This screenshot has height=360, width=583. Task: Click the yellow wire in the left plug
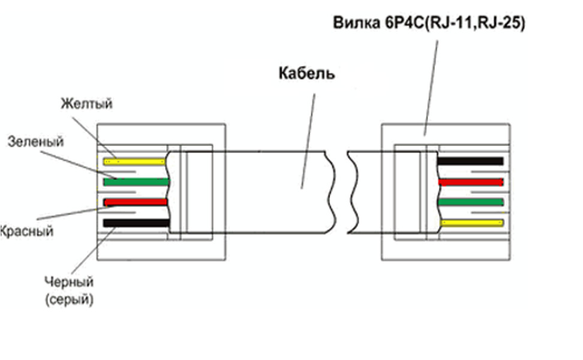point(134,161)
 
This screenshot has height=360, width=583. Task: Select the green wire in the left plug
point(136,181)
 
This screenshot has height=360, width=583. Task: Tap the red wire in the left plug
point(135,202)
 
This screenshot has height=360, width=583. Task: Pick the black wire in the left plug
point(135,223)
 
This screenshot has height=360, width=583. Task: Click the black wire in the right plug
point(470,161)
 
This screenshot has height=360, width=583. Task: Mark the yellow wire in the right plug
point(471,223)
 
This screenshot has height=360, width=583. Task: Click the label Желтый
point(86,104)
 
